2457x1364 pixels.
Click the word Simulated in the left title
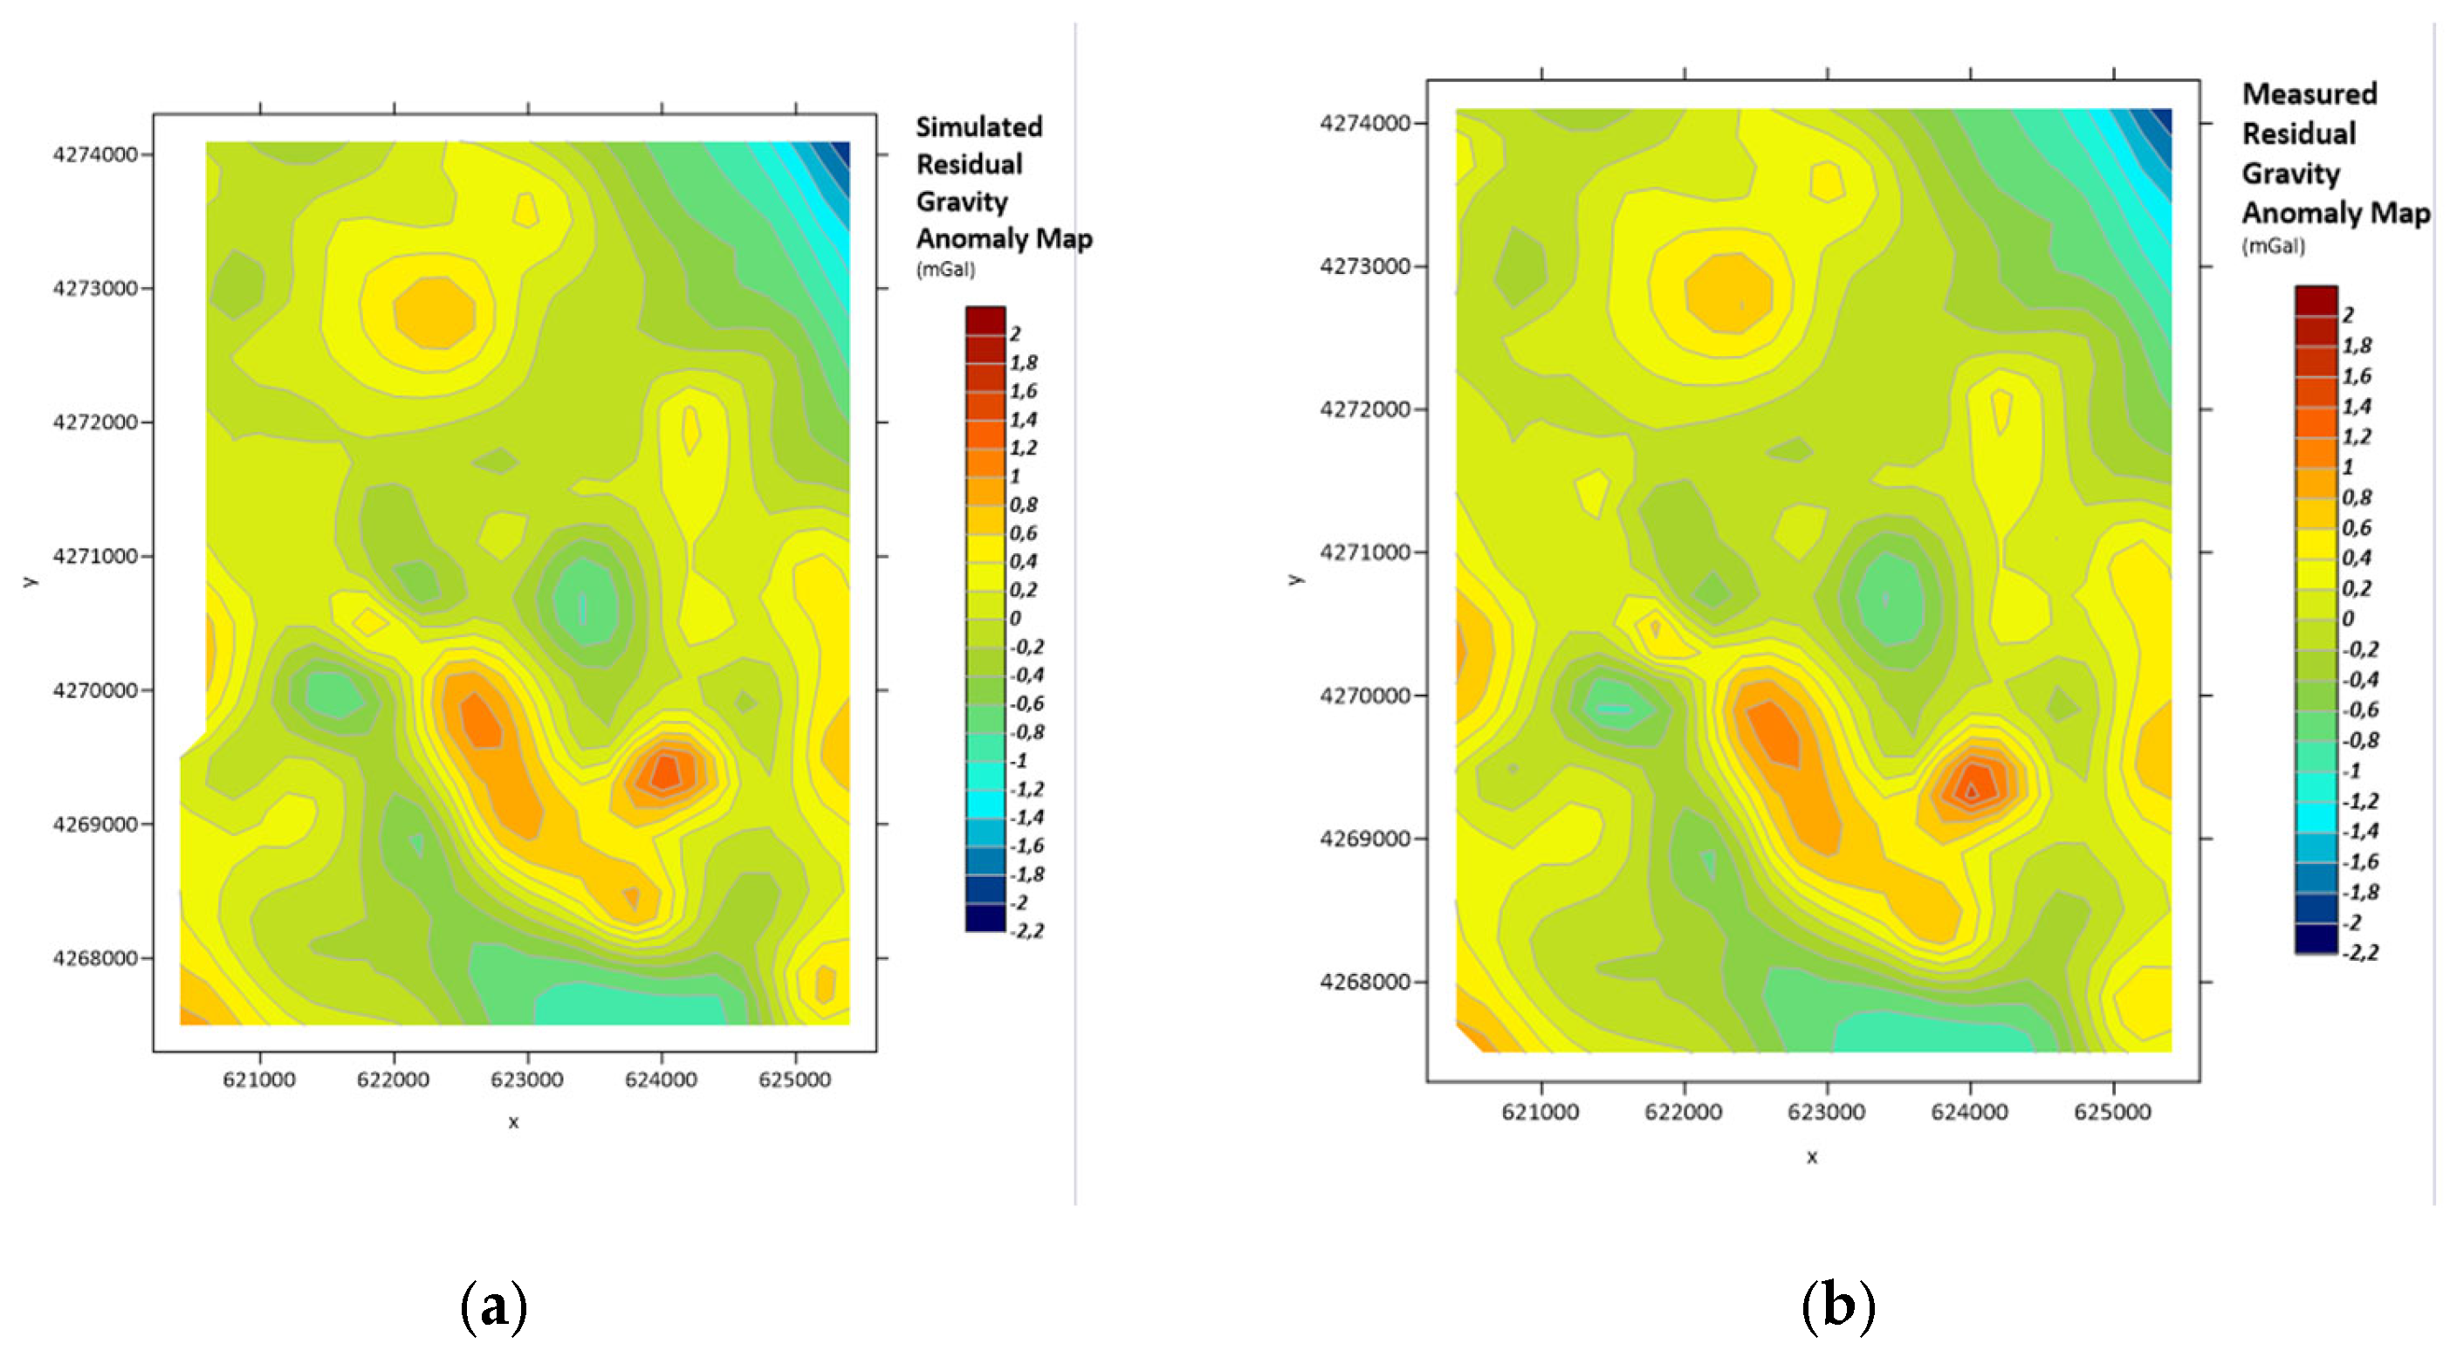[x=978, y=127]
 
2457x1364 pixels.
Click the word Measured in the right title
[x=2309, y=93]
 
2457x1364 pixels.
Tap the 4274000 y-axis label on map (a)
[x=95, y=154]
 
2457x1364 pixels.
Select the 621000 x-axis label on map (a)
[x=259, y=1080]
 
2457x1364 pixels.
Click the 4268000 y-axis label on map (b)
[x=1364, y=983]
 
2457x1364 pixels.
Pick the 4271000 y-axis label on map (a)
[x=95, y=556]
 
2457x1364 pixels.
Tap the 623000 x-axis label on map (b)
[x=1826, y=1112]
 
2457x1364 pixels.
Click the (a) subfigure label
[x=493, y=1306]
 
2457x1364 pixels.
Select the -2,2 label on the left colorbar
[x=1026, y=931]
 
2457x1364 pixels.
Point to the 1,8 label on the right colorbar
[x=2357, y=346]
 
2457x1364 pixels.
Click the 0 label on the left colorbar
[x=1015, y=618]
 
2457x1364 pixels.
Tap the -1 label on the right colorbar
[x=2353, y=771]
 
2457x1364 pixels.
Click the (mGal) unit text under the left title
[x=945, y=270]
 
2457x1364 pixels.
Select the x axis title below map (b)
[x=1811, y=1158]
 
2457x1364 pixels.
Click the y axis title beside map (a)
[x=31, y=581]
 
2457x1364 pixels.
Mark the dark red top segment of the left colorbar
[x=985, y=320]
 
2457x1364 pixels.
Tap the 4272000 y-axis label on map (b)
[x=1364, y=409]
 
